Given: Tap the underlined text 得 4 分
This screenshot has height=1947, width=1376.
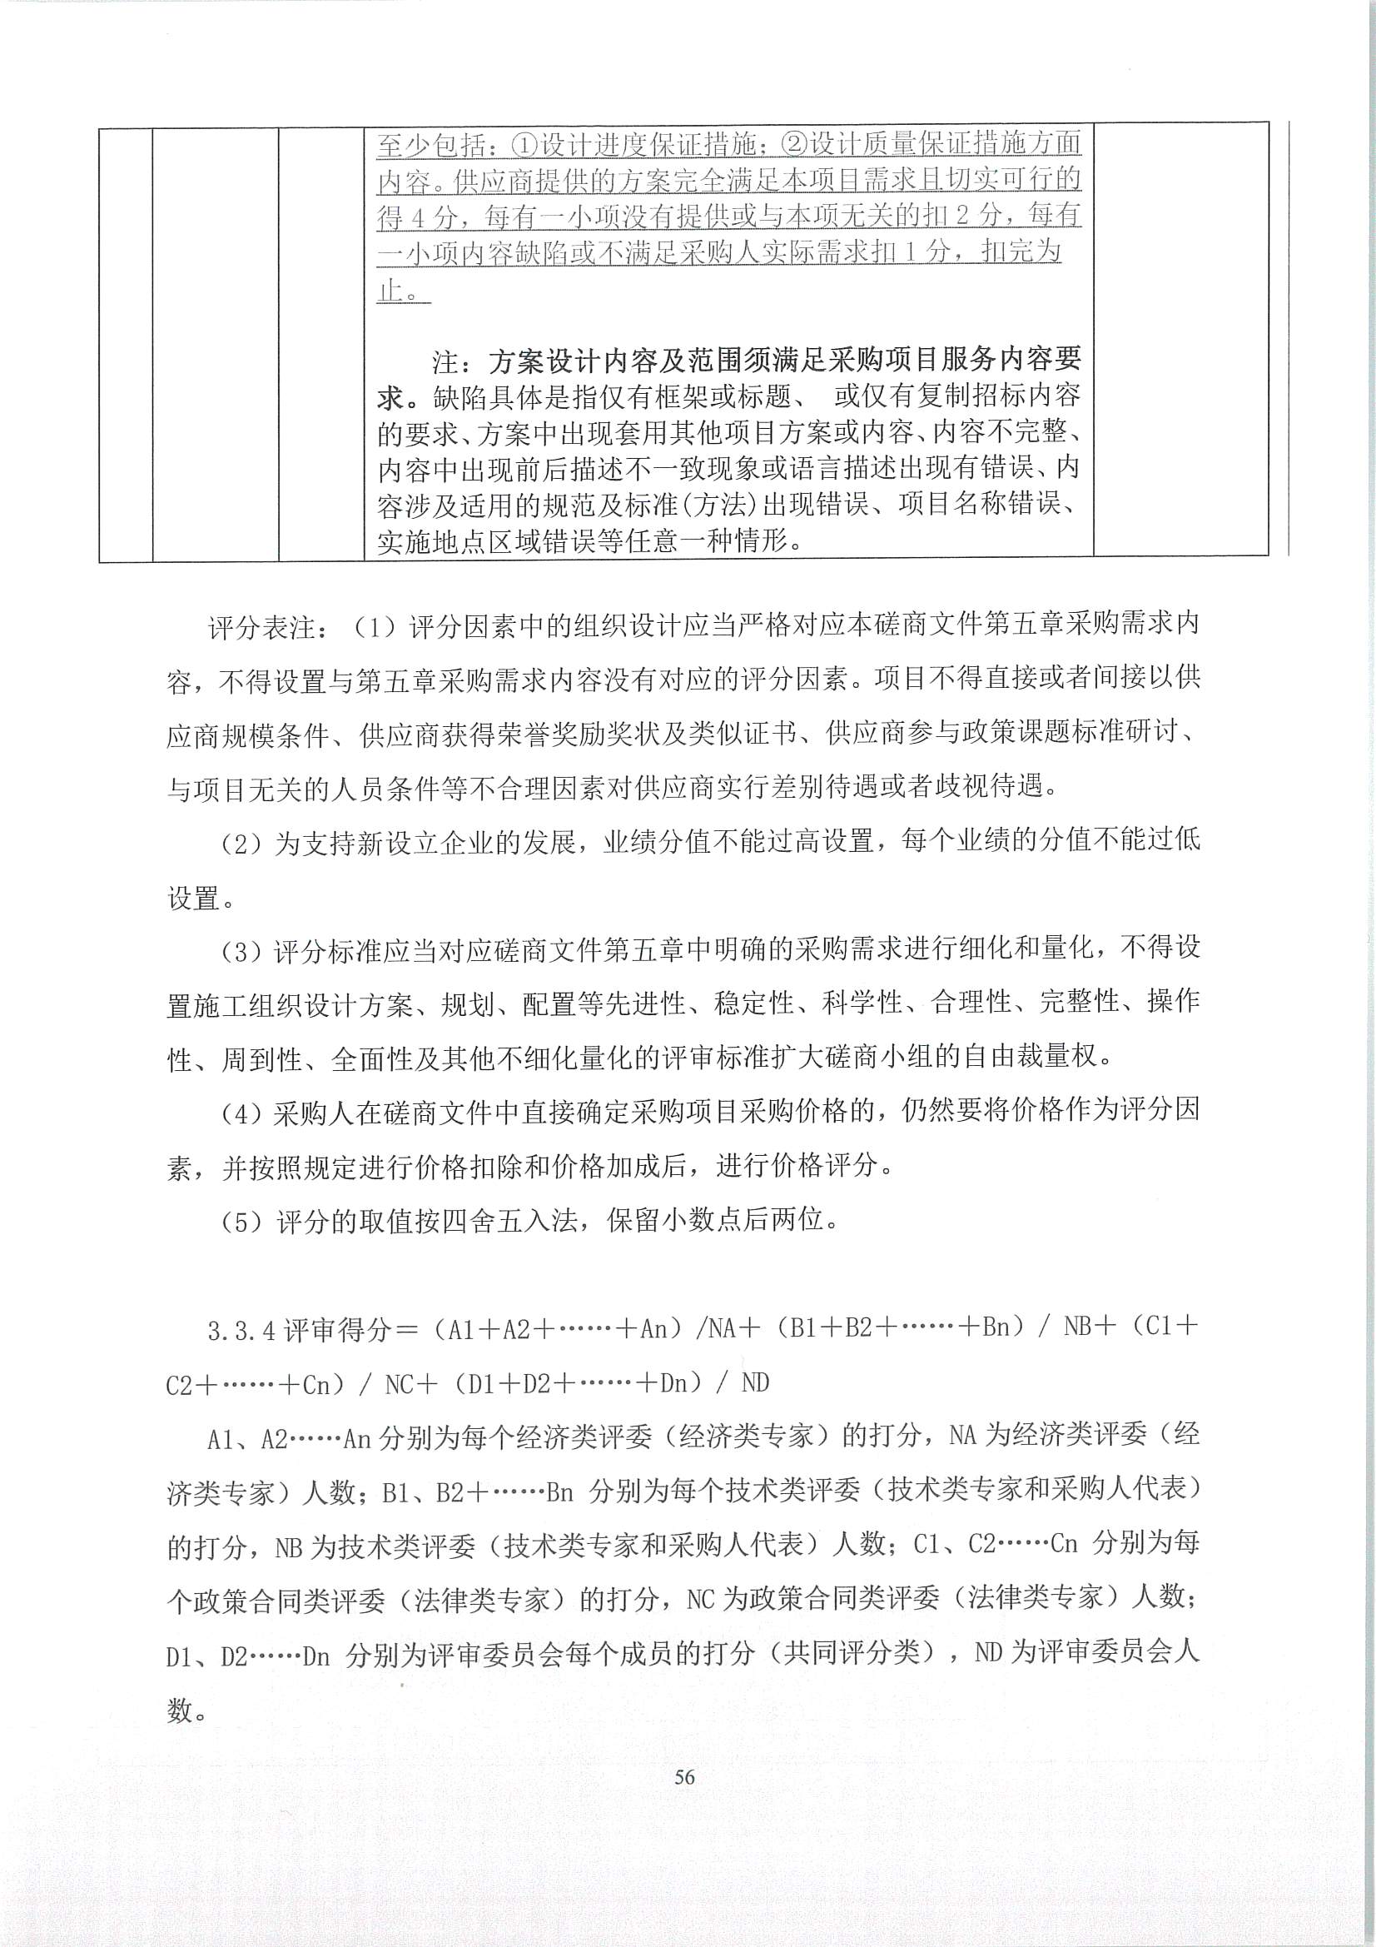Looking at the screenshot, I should coord(416,218).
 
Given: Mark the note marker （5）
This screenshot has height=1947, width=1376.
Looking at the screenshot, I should coord(246,1222).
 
